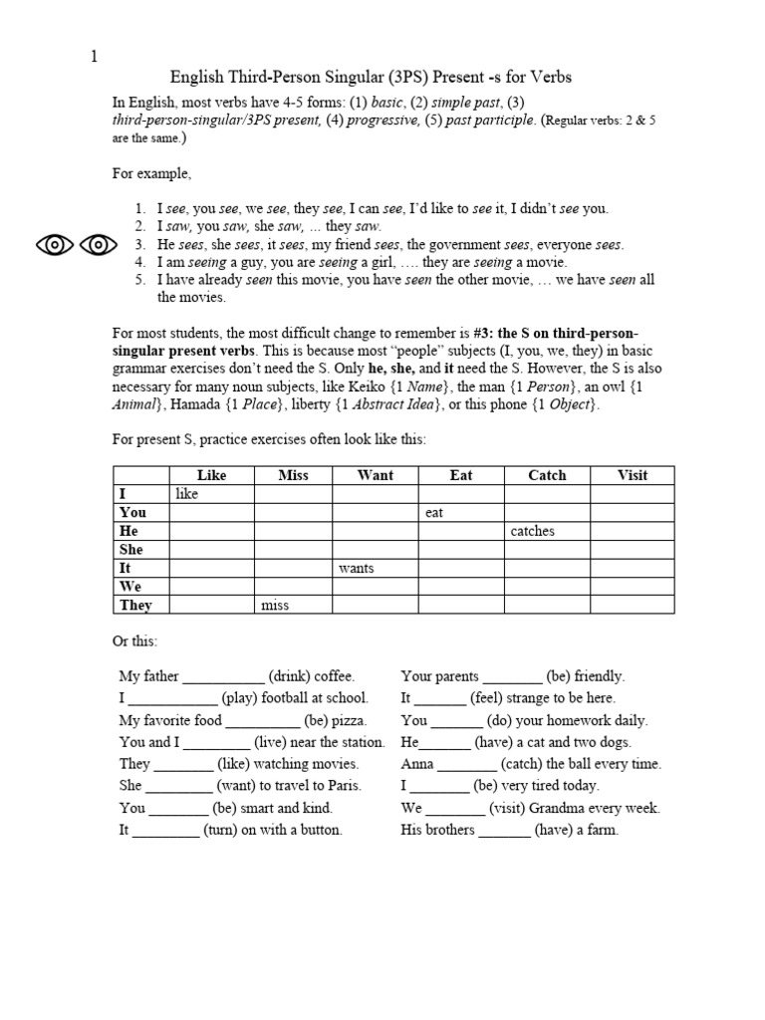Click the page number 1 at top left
pos(95,56)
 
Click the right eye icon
pos(99,243)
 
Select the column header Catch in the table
pos(546,475)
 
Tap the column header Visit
pos(633,475)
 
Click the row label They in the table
pos(135,605)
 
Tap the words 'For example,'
pos(150,172)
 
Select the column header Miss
pos(293,475)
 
